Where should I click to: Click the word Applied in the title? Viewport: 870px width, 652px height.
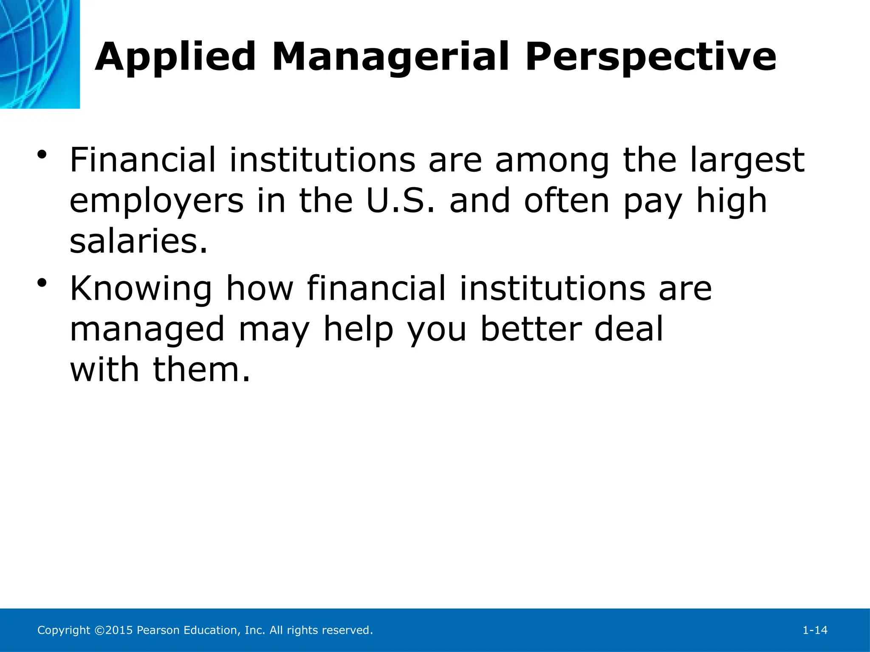click(175, 57)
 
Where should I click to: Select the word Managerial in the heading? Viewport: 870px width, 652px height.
click(390, 57)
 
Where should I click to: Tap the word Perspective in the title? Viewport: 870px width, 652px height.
click(650, 57)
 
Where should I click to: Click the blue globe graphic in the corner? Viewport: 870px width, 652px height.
click(40, 54)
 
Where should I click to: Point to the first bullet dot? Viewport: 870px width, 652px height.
click(41, 155)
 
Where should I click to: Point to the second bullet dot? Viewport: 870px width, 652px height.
click(41, 283)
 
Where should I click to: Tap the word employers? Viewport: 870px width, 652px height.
click(156, 202)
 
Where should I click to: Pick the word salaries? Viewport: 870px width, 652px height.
click(138, 241)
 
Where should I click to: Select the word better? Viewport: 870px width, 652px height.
click(530, 329)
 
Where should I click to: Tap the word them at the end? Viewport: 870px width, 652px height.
click(201, 369)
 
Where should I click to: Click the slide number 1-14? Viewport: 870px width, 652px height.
click(815, 630)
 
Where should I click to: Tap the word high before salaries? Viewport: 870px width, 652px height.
click(731, 202)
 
